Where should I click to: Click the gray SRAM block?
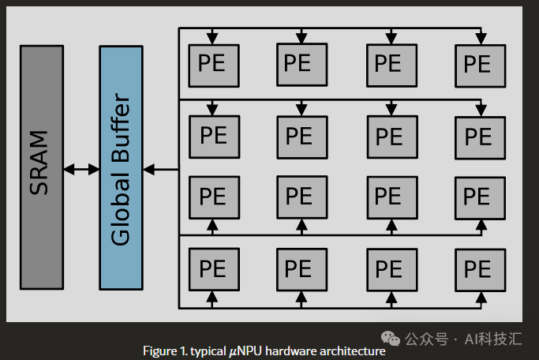click(x=41, y=167)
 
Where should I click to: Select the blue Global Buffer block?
click(x=121, y=167)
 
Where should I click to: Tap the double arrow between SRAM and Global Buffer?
click(x=80, y=168)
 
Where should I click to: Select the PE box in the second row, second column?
click(x=300, y=135)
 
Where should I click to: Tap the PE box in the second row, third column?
click(x=389, y=135)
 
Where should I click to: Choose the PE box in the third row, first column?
click(x=211, y=195)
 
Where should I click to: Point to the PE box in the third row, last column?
click(x=478, y=195)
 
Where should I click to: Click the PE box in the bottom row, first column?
click(x=211, y=268)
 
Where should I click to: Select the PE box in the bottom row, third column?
click(x=389, y=268)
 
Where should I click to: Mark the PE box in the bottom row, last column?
click(x=478, y=268)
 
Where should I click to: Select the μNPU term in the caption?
click(x=245, y=351)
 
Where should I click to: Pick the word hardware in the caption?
click(x=294, y=351)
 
